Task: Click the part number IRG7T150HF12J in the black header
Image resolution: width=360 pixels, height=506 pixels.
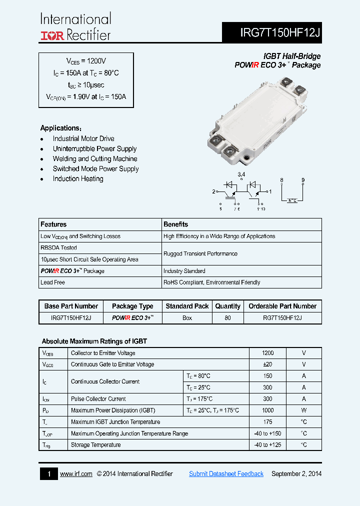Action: click(x=280, y=33)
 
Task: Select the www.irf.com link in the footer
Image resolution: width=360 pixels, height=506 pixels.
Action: click(x=76, y=473)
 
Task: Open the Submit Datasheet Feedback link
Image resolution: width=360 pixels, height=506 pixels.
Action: click(x=226, y=473)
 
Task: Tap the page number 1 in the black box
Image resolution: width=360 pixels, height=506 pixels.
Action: click(x=49, y=473)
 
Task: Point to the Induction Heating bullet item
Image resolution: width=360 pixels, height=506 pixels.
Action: click(x=78, y=178)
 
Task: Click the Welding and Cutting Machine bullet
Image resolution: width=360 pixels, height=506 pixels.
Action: click(x=95, y=158)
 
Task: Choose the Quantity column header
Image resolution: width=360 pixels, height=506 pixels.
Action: click(x=227, y=306)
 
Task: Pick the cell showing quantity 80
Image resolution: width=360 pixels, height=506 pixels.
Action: click(x=227, y=318)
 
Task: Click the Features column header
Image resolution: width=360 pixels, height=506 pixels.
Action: click(x=53, y=224)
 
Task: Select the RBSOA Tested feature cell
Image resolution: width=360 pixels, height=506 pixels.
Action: click(x=58, y=247)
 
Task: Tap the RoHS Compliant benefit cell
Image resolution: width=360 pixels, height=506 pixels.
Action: click(x=211, y=282)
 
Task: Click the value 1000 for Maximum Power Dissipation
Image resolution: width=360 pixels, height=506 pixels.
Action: click(x=267, y=410)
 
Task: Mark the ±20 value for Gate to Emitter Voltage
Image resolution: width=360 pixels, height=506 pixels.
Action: click(x=267, y=364)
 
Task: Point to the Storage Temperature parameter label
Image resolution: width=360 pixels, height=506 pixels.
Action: click(x=95, y=445)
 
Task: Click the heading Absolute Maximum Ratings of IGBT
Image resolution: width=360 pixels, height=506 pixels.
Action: click(x=94, y=341)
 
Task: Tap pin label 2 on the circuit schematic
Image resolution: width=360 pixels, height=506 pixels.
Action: click(x=213, y=191)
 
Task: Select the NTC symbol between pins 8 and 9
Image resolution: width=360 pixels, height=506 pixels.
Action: click(x=292, y=200)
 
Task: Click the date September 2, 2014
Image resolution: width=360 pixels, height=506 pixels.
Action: click(x=296, y=473)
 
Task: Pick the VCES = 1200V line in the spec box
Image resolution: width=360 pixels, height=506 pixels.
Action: click(x=86, y=61)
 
